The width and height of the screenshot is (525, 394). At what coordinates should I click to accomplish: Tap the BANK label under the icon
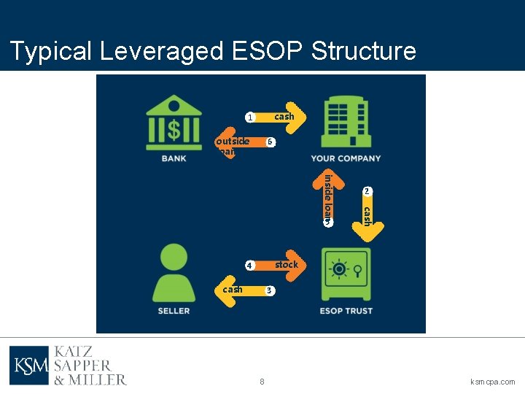pyautogui.click(x=174, y=158)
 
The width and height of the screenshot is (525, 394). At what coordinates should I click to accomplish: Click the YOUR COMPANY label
pyautogui.click(x=346, y=158)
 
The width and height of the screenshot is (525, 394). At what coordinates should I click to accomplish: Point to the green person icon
pyautogui.click(x=174, y=272)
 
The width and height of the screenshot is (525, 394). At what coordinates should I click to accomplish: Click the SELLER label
pyautogui.click(x=174, y=311)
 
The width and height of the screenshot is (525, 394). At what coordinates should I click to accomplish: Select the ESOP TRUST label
pyautogui.click(x=346, y=311)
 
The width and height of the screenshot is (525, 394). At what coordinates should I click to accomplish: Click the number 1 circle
pyautogui.click(x=249, y=117)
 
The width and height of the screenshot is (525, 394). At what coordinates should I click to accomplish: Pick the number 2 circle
pyautogui.click(x=367, y=191)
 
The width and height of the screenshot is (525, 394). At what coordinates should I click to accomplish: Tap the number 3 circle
pyautogui.click(x=269, y=291)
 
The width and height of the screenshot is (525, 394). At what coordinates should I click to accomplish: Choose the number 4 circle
pyautogui.click(x=249, y=266)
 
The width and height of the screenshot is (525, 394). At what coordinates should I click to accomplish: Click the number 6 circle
pyautogui.click(x=270, y=142)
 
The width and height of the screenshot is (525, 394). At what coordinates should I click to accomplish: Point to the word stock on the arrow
pyautogui.click(x=286, y=265)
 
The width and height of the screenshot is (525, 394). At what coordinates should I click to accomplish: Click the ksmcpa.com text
pyautogui.click(x=493, y=382)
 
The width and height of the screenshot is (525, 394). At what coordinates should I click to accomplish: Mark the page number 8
pyautogui.click(x=262, y=382)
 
